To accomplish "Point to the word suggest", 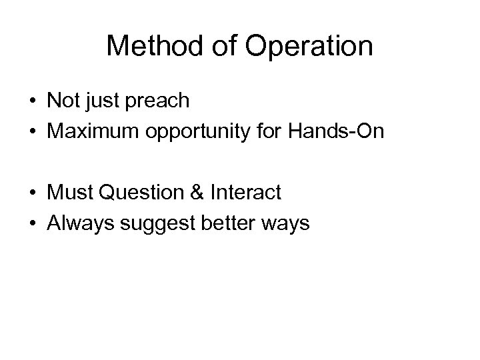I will click(x=146, y=223).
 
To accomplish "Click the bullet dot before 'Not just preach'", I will click(x=33, y=102).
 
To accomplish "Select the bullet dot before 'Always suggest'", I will click(x=33, y=224).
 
